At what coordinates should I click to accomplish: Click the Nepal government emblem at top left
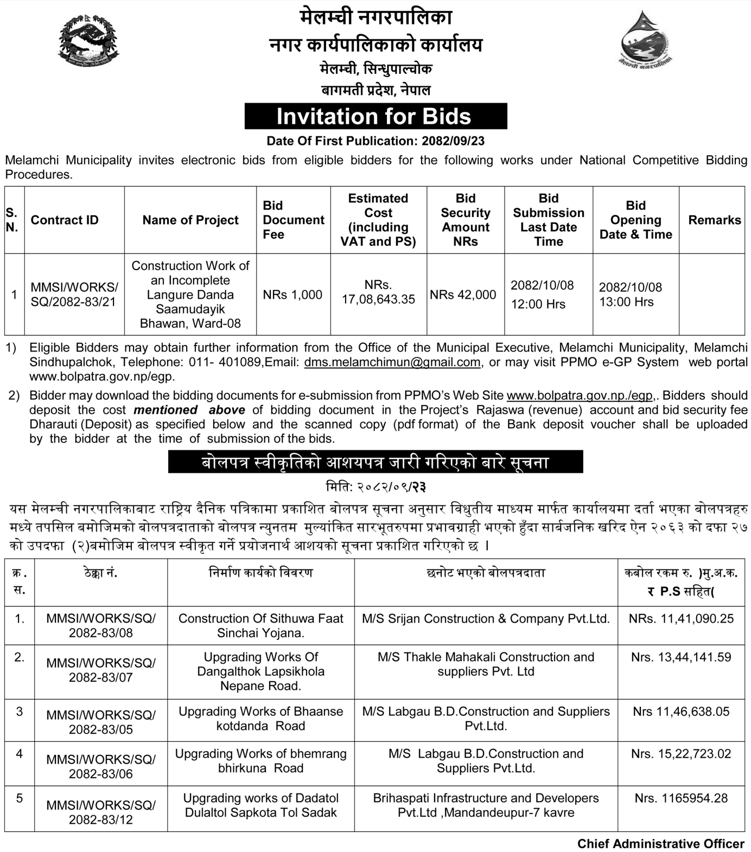click(88, 41)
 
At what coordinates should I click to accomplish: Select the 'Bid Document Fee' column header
click(293, 220)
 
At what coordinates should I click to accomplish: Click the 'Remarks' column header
click(714, 220)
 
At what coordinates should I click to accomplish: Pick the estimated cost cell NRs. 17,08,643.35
click(378, 292)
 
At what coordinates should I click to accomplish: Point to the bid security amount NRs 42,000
click(463, 294)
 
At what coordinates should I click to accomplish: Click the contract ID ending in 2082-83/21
click(74, 294)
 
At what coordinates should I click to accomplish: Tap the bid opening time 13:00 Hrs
click(626, 302)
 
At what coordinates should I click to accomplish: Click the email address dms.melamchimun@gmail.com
click(392, 362)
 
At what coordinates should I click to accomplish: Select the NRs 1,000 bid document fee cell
click(292, 294)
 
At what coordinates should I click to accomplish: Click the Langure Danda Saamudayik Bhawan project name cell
click(190, 294)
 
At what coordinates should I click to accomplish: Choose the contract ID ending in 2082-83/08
click(101, 625)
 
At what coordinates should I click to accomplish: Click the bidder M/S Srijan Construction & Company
click(486, 619)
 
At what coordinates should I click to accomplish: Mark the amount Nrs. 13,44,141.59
click(681, 657)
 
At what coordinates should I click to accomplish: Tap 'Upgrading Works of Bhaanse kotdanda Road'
click(261, 719)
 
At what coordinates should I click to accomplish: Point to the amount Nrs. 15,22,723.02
click(681, 754)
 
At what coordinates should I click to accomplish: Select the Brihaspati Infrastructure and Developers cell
click(486, 805)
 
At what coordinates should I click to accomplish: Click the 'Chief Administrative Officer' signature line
click(660, 843)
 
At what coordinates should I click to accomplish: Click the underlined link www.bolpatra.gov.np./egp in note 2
click(579, 395)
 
